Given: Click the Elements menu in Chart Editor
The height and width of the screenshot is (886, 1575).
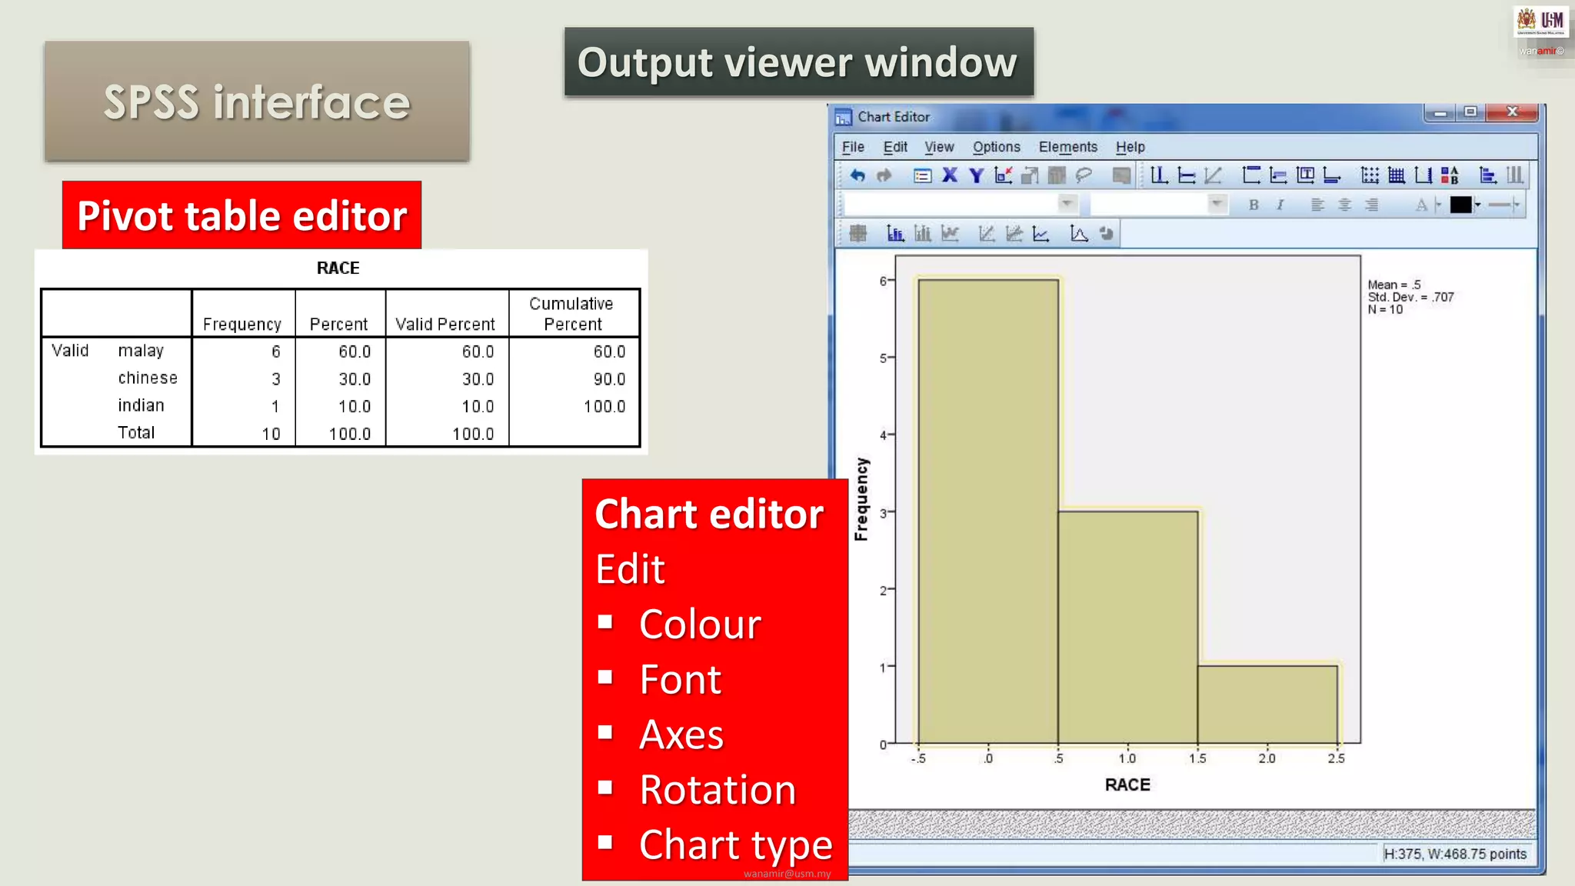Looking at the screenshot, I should click(x=1067, y=147).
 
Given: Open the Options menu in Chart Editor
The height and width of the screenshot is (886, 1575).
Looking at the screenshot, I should click(x=996, y=147).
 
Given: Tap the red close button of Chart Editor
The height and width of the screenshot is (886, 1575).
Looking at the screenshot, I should click(x=1512, y=112).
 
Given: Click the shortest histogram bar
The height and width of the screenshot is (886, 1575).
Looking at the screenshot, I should click(x=1267, y=704).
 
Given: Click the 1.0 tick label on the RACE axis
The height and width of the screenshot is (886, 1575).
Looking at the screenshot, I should click(x=1127, y=758).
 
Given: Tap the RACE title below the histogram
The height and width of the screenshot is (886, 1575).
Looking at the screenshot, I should click(x=1127, y=784).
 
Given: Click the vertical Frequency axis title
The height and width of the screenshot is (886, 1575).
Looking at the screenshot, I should click(x=861, y=499).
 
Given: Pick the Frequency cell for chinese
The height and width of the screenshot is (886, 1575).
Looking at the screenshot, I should click(x=275, y=379).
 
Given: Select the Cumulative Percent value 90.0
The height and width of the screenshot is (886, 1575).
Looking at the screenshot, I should click(x=609, y=379).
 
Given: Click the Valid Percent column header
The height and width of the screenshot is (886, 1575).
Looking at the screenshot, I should click(x=445, y=325).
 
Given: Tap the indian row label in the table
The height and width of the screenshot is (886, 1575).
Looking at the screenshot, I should click(x=141, y=405).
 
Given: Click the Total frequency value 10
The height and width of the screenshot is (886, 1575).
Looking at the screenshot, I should click(x=271, y=434).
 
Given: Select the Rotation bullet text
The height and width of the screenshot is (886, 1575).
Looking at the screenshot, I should click(x=718, y=790).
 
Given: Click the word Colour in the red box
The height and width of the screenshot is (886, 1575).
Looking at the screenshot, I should click(x=700, y=624).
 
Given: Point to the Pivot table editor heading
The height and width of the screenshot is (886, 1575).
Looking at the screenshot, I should click(x=241, y=215).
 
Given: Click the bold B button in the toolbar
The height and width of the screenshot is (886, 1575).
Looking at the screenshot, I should click(x=1254, y=205).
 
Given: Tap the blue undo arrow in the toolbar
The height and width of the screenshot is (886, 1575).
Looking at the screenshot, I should click(x=857, y=175).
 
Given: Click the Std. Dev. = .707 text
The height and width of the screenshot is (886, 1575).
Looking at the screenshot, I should click(x=1410, y=297).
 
